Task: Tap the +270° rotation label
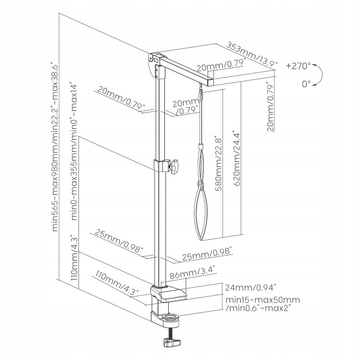tap(298, 66)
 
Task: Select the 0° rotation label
tap(306, 84)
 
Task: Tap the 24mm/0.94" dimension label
tap(250, 288)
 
